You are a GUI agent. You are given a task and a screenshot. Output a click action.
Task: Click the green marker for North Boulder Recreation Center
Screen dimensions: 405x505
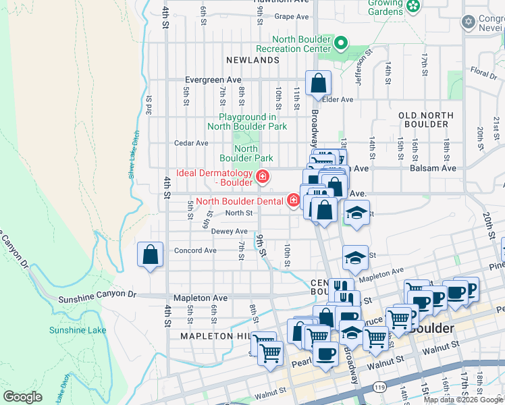pyautogui.click(x=341, y=45)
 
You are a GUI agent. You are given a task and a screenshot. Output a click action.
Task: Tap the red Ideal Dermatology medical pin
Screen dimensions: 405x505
pyautogui.click(x=262, y=178)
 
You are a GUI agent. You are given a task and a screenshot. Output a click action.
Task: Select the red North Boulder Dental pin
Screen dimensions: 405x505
pyautogui.click(x=294, y=200)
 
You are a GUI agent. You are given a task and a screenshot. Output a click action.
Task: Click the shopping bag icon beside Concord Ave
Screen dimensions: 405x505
pyautogui.click(x=150, y=256)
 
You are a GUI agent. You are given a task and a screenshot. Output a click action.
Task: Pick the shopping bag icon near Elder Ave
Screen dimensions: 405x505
pyautogui.click(x=318, y=84)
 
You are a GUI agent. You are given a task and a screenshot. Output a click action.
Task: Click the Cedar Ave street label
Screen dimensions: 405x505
pyautogui.click(x=192, y=143)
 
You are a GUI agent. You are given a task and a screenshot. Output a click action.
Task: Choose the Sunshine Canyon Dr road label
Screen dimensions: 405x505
pyautogui.click(x=97, y=296)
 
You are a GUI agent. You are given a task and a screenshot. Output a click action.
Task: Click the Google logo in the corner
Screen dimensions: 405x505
pyautogui.click(x=23, y=396)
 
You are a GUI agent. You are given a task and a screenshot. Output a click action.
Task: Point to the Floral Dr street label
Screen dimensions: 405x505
pyautogui.click(x=483, y=71)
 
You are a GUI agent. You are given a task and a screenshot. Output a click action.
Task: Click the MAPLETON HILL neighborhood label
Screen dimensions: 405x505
pyautogui.click(x=214, y=335)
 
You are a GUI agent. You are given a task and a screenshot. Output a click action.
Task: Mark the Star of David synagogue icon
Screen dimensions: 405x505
pyautogui.click(x=468, y=22)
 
